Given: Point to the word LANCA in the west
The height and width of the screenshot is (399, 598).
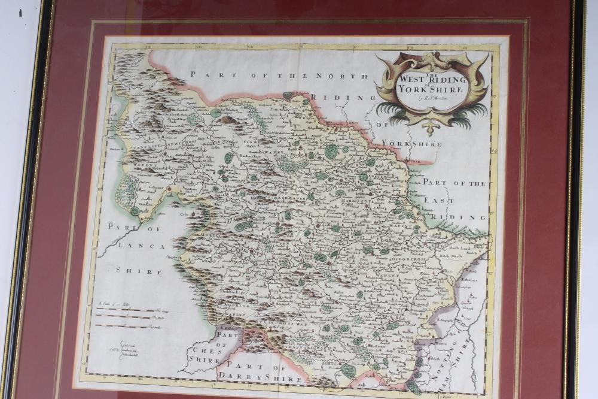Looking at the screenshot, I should (x=130, y=246).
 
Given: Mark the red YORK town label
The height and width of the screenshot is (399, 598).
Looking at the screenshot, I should (x=413, y=162).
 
